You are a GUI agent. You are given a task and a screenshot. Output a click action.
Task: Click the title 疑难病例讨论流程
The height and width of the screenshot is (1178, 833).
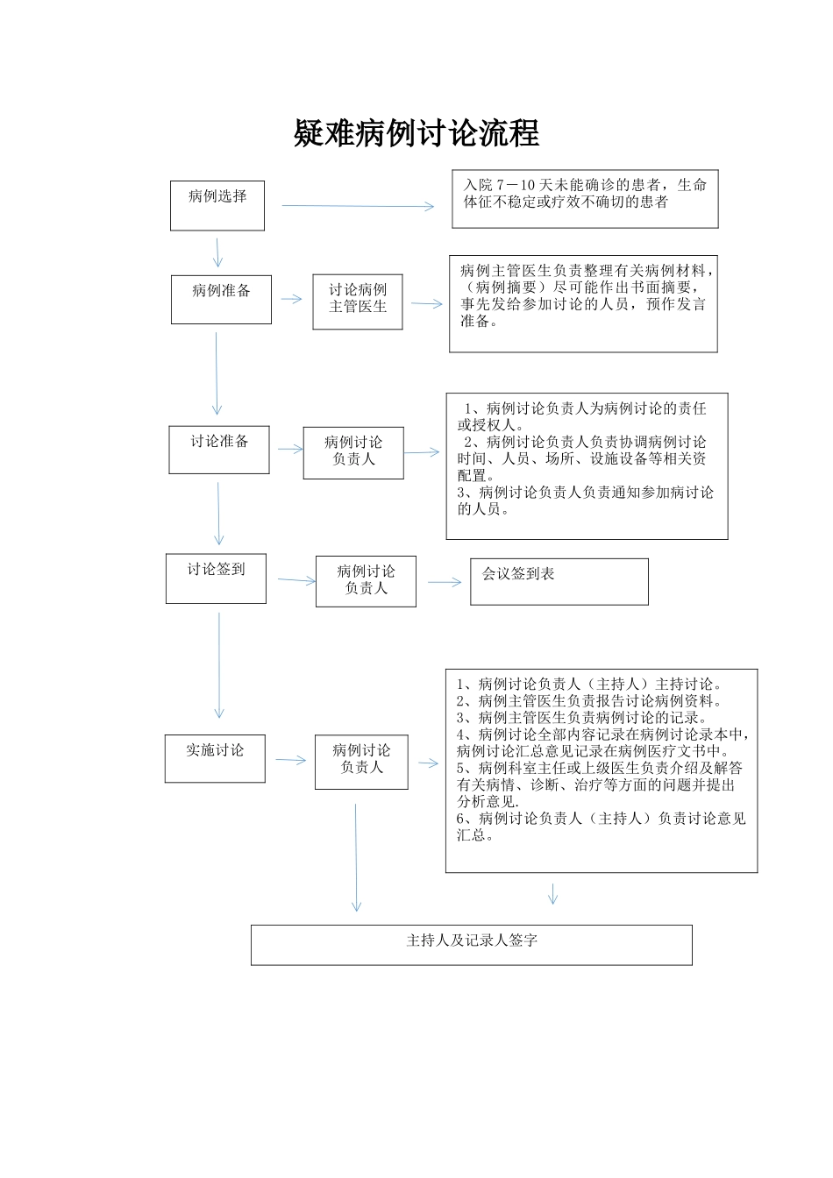tap(416, 134)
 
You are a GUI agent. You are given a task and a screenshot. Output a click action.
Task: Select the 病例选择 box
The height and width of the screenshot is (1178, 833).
tap(217, 206)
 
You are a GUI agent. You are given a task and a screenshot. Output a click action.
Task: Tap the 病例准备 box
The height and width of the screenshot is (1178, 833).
tap(221, 299)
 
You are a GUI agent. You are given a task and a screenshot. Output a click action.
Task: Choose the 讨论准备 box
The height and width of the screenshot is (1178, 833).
tap(219, 450)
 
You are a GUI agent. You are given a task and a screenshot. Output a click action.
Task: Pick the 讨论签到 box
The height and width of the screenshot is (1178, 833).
tap(216, 578)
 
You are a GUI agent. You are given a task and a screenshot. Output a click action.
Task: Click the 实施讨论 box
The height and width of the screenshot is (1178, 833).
tap(215, 758)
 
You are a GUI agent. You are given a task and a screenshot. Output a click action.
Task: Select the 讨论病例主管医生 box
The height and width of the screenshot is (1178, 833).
tap(358, 302)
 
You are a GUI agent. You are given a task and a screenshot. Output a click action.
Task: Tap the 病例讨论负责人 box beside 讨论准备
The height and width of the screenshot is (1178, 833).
tap(353, 452)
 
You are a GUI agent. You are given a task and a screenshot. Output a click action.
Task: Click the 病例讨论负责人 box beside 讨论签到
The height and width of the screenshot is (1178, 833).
tap(366, 581)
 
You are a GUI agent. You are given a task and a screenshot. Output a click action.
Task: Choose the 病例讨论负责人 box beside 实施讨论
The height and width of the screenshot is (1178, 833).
tap(361, 761)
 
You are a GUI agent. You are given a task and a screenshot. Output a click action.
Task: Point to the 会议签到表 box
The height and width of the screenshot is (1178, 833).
tap(559, 581)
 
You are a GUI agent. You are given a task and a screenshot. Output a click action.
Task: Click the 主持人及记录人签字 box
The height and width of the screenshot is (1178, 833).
tap(472, 945)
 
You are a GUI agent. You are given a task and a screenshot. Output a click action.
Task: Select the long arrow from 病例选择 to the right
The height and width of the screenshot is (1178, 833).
tap(358, 206)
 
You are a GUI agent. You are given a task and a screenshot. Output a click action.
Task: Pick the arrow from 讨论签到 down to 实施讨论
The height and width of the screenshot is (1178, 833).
tap(219, 666)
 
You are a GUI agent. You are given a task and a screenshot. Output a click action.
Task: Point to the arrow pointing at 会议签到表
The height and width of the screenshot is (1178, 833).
tap(445, 582)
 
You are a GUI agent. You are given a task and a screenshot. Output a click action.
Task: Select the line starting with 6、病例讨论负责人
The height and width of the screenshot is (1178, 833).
tap(601, 819)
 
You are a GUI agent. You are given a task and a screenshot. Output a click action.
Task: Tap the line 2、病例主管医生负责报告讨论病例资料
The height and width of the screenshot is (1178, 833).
tap(589, 701)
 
